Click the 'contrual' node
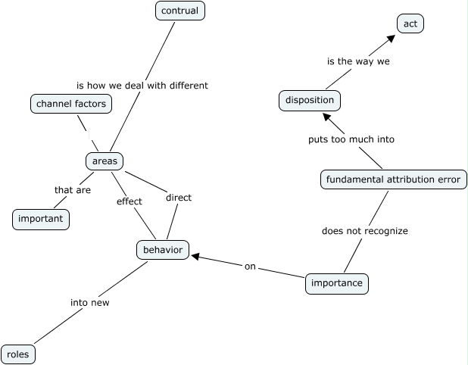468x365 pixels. coord(180,11)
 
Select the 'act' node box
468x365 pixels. coord(410,24)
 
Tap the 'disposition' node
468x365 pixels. coord(309,100)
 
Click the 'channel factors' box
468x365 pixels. coord(72,103)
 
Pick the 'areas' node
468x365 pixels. coord(104,161)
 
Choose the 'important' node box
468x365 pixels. coord(42,220)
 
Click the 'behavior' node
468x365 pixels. coord(163,249)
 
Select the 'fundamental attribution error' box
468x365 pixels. coord(393,180)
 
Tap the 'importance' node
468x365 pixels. coord(337,284)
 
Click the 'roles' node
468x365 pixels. coord(18,354)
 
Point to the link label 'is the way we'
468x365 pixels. coord(358,61)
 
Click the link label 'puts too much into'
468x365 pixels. coord(351,139)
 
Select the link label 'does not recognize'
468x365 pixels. coord(365,231)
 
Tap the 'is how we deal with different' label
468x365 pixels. coord(142,86)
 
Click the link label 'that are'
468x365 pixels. coord(73,190)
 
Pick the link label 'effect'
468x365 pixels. coord(129,201)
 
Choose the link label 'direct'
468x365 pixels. coord(178,198)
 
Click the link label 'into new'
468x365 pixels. coord(90,303)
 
